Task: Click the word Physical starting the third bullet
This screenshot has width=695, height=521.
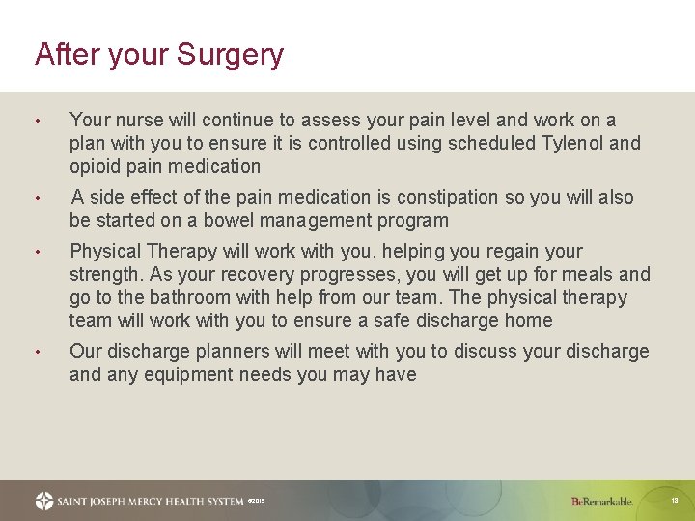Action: click(106, 252)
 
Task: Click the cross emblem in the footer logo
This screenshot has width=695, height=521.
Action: click(44, 501)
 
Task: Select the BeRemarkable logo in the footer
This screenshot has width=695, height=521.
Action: click(602, 501)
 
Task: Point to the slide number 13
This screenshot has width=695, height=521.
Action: click(675, 501)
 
